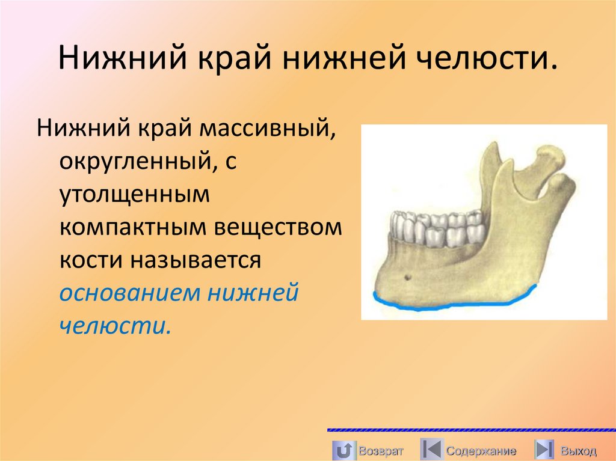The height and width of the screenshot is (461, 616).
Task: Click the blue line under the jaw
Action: [451, 305]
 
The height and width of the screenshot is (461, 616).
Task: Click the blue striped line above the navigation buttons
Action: [471, 430]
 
